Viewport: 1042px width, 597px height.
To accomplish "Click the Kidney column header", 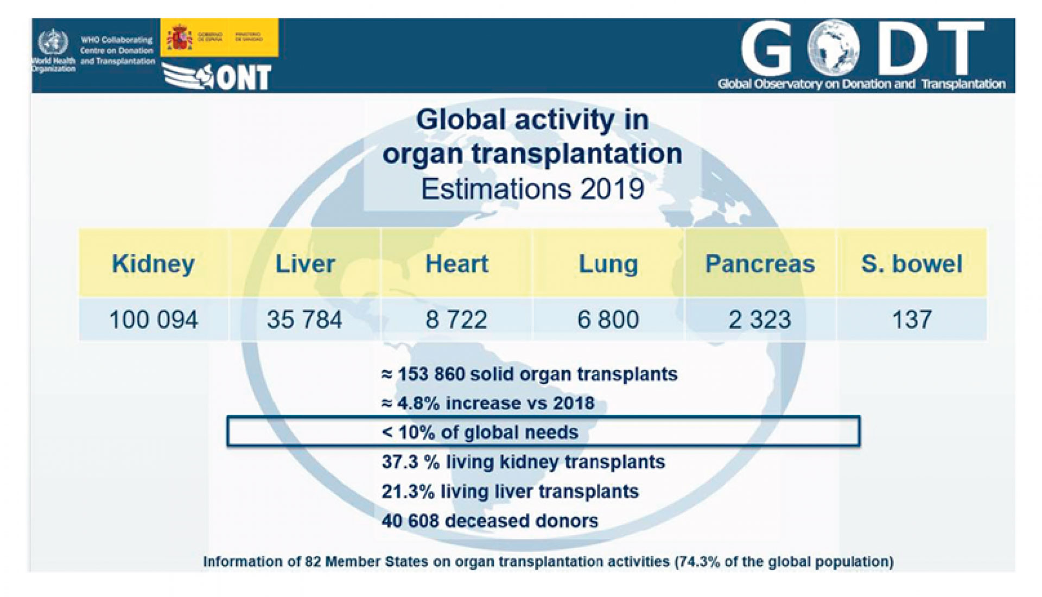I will pos(153,264).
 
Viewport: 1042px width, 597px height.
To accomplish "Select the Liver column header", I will pos(305,264).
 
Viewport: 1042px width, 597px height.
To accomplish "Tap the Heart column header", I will pos(457,264).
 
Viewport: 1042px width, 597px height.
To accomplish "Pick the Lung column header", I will pos(608,264).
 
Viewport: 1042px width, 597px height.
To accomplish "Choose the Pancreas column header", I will pos(760,264).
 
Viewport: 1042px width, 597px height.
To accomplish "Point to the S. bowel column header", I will pos(912,264).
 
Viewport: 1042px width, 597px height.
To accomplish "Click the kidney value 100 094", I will pos(154,320).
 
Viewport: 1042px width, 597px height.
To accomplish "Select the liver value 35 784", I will pos(304,320).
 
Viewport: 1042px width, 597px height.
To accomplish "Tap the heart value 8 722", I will pos(456,320).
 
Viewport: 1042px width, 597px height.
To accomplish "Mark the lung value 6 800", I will pos(608,320).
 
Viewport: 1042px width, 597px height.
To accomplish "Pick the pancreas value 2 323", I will pos(760,320).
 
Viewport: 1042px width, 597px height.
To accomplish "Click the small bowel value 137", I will pos(912,320).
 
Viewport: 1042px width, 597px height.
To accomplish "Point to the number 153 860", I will pos(429,374).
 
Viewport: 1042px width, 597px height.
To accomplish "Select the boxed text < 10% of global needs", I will pos(480,433).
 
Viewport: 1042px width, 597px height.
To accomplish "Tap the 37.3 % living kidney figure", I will pos(410,462).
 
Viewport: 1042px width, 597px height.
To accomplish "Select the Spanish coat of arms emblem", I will pos(180,38).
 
